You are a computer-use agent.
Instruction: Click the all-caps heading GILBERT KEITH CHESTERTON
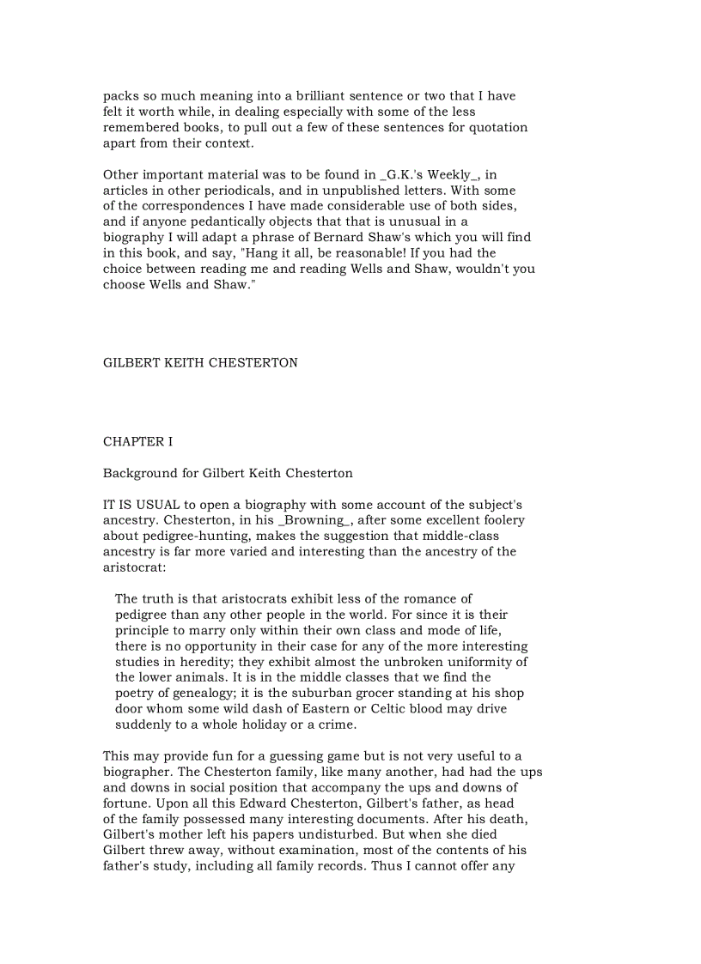(200, 363)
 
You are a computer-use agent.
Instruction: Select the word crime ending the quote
(338, 725)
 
